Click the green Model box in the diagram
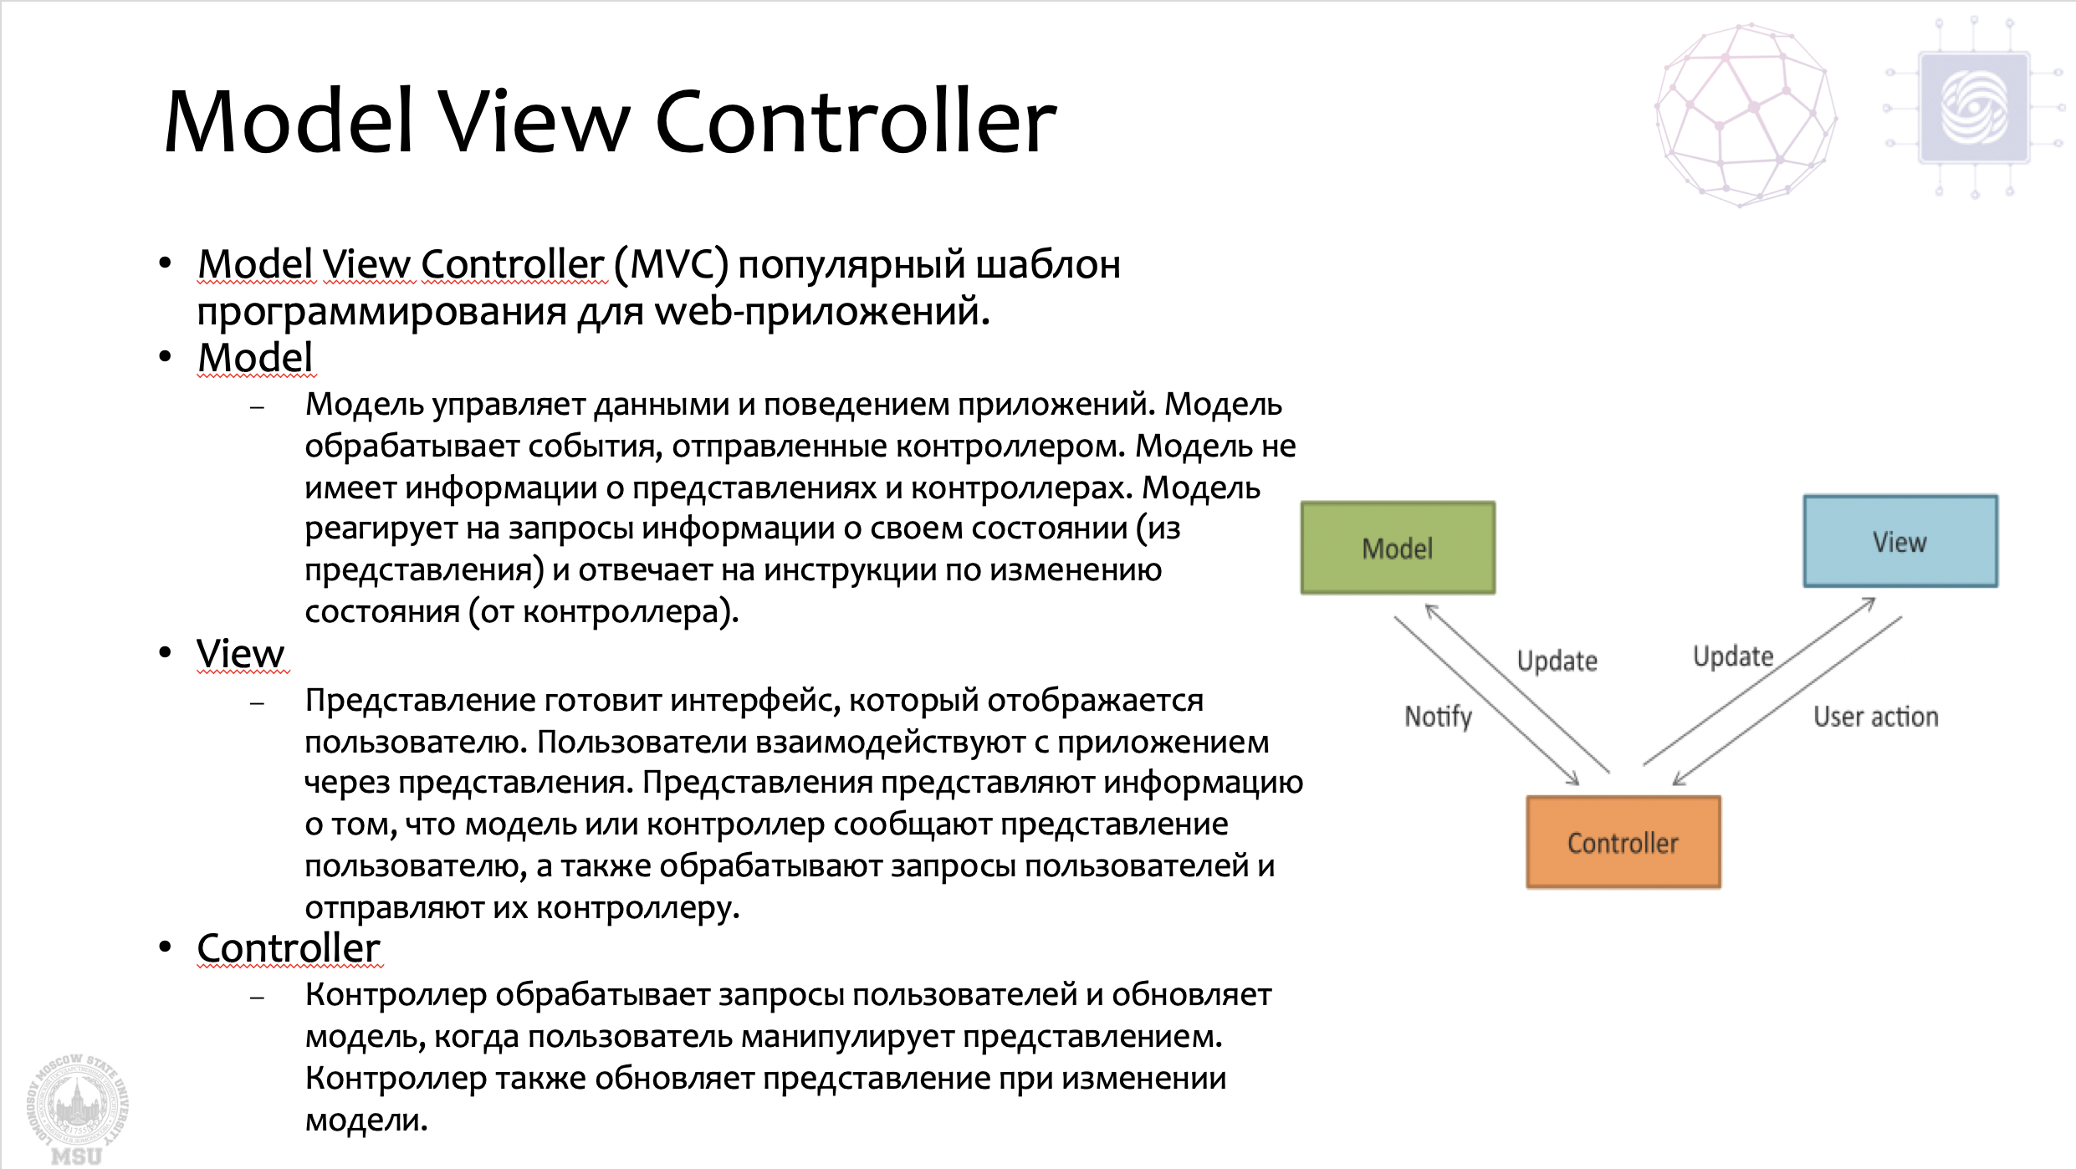pyautogui.click(x=1398, y=548)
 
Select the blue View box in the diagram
pyautogui.click(x=1900, y=541)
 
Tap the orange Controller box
pyautogui.click(x=1623, y=842)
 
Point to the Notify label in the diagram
pyautogui.click(x=1438, y=717)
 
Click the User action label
pyautogui.click(x=1875, y=717)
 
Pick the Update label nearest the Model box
pyautogui.click(x=1557, y=661)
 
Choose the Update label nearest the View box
pyautogui.click(x=1733, y=656)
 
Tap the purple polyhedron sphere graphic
pyautogui.click(x=1746, y=115)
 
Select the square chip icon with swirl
pyautogui.click(x=1974, y=108)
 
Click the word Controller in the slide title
pyautogui.click(x=856, y=122)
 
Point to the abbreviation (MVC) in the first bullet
pyautogui.click(x=671, y=264)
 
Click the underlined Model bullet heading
pyautogui.click(x=255, y=358)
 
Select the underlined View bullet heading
pyautogui.click(x=241, y=654)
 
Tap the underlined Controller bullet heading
pyautogui.click(x=289, y=948)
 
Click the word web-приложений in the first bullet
pyautogui.click(x=821, y=312)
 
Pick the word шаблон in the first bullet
pyautogui.click(x=1048, y=264)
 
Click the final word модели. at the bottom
pyautogui.click(x=366, y=1120)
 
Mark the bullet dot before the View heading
pyautogui.click(x=165, y=651)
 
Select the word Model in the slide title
pyautogui.click(x=289, y=122)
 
